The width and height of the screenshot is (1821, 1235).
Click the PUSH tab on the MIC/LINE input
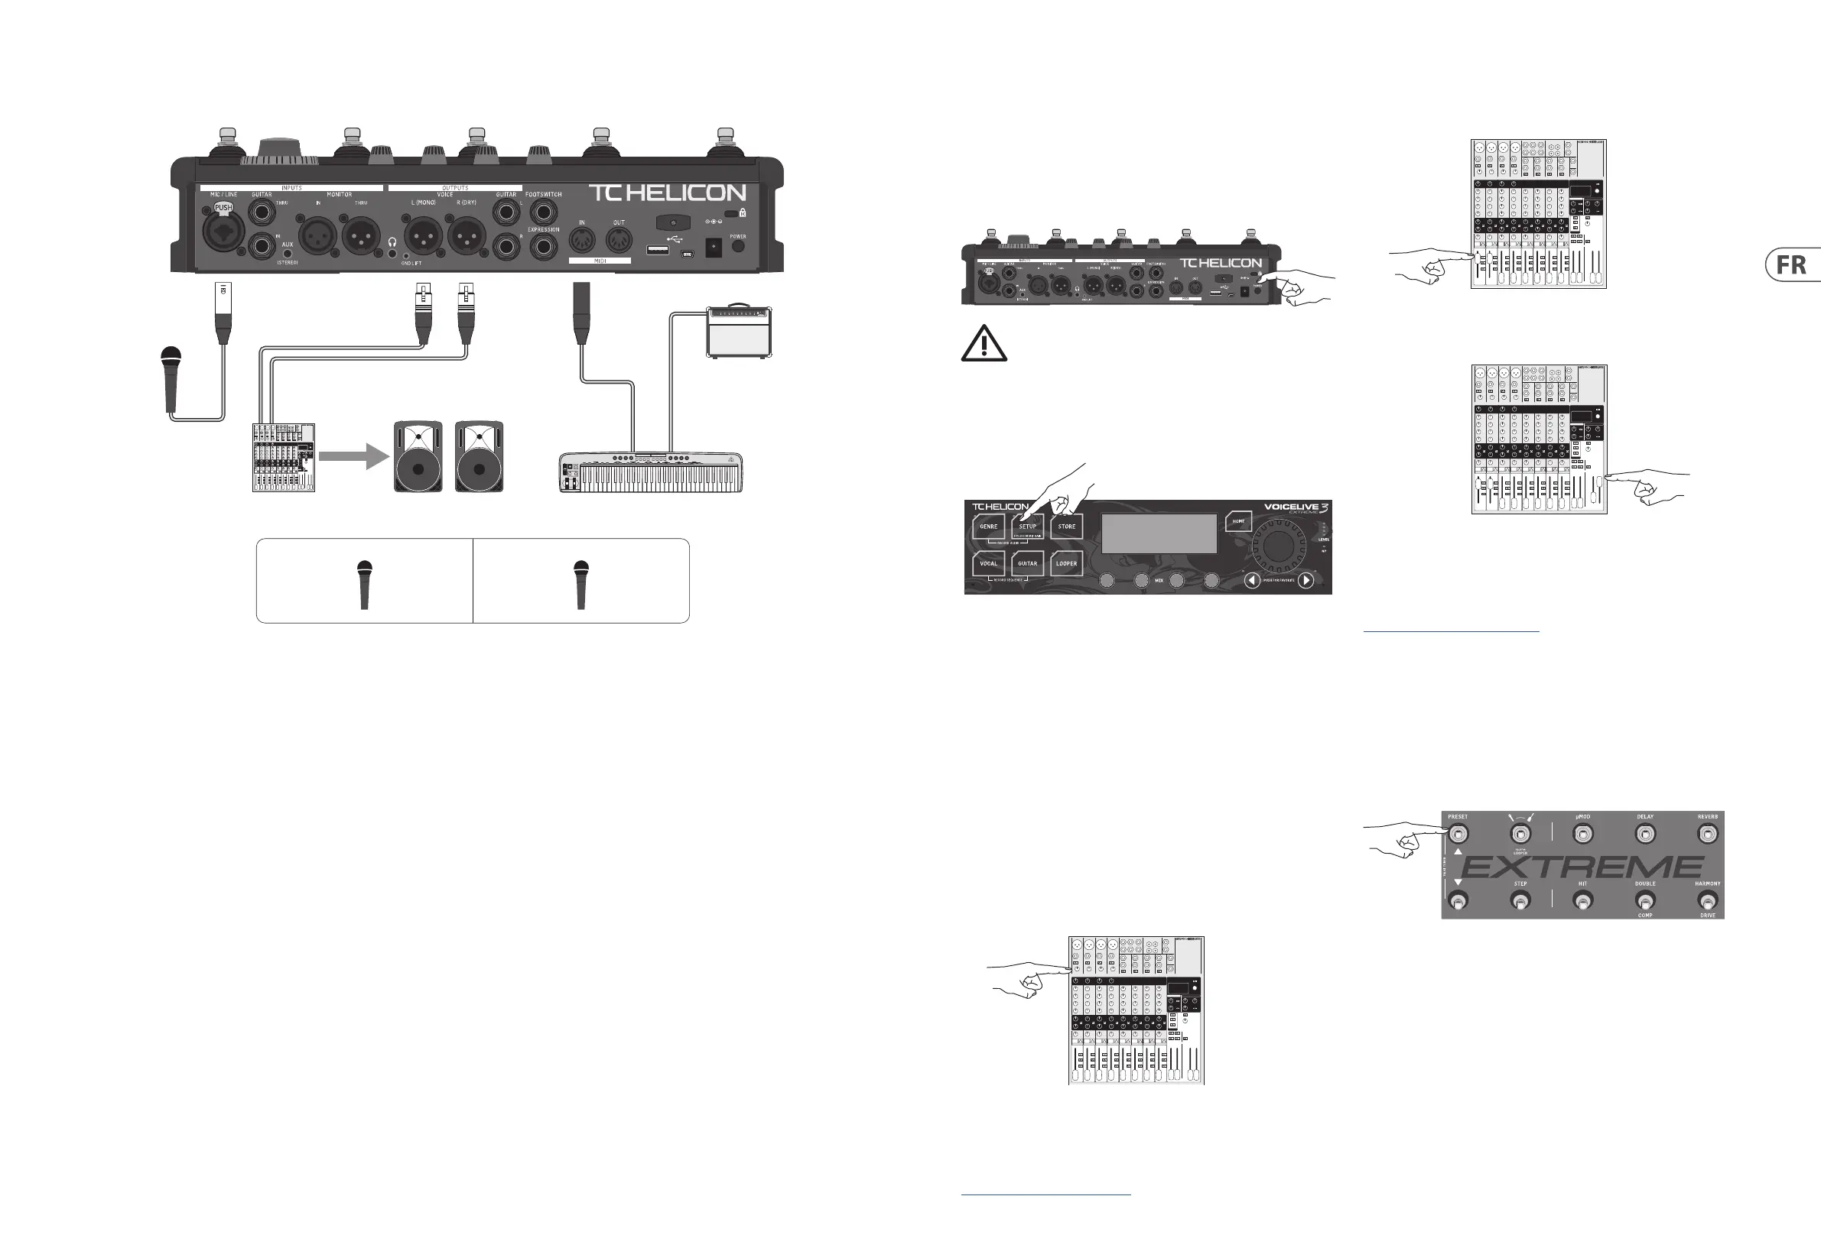click(x=223, y=209)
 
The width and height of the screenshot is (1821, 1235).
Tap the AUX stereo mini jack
click(x=288, y=254)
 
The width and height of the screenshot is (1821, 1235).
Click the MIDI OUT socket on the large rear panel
click(x=618, y=240)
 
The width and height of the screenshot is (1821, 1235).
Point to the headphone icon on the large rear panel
click(x=392, y=244)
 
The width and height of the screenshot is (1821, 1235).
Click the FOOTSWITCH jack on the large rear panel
click(x=543, y=212)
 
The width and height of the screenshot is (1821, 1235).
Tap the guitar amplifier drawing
click(x=738, y=332)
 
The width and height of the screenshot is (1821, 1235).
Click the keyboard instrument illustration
click(x=650, y=472)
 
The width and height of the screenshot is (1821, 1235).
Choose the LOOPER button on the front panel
click(x=1065, y=563)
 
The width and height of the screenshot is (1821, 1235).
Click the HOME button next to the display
click(x=1238, y=520)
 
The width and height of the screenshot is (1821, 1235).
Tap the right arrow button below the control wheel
click(x=1306, y=580)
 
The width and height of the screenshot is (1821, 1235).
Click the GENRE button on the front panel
click(x=988, y=527)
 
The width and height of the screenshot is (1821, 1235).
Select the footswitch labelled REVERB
click(x=1706, y=834)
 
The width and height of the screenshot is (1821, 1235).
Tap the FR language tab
click(x=1793, y=265)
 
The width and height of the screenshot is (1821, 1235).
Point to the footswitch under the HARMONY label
click(x=1706, y=901)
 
